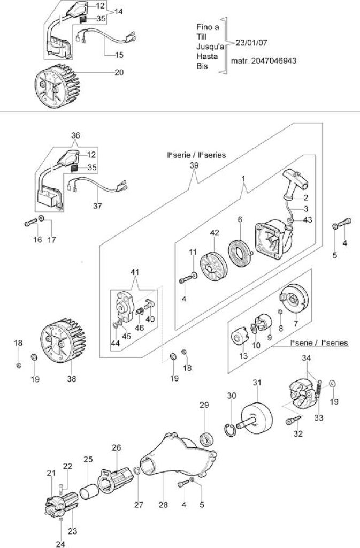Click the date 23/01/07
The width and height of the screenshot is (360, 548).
(251, 43)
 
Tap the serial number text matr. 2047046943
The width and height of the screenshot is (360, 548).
(264, 61)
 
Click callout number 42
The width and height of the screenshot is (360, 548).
(215, 233)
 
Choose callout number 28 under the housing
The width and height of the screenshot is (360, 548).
(163, 505)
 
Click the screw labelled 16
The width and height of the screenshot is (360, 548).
(30, 222)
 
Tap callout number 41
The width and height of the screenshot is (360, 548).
(135, 272)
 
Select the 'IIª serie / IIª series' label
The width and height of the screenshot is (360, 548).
(196, 155)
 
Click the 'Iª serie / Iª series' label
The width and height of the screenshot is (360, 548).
(319, 342)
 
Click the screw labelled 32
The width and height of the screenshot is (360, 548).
(293, 420)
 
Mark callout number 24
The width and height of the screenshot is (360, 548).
(60, 544)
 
